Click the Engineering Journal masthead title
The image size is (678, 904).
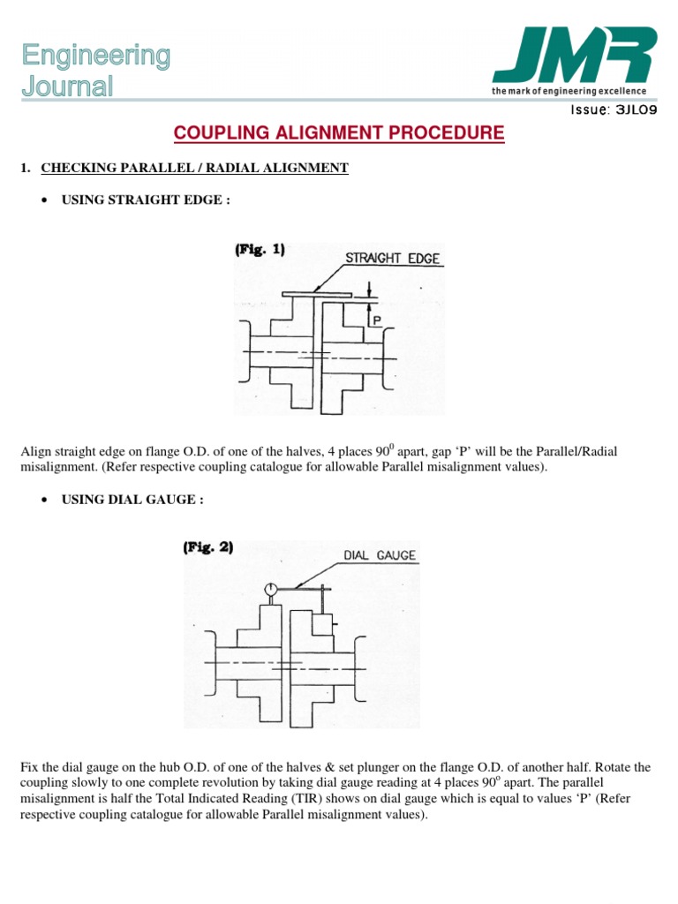point(96,71)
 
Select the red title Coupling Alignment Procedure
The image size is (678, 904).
point(339,133)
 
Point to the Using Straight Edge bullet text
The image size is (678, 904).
point(146,200)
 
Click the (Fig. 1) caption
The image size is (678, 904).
point(260,250)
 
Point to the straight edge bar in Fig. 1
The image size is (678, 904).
point(316,294)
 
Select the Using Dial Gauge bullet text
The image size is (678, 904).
point(132,499)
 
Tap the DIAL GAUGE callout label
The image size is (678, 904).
point(378,556)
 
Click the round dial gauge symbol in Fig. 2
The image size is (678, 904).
point(271,589)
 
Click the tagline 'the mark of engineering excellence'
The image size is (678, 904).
point(569,91)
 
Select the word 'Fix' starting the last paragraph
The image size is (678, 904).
point(29,768)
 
